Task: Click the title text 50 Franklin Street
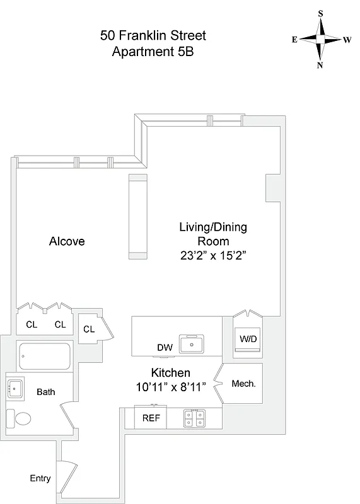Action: tap(153, 36)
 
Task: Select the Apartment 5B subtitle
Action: tap(153, 52)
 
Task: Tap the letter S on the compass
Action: tap(320, 13)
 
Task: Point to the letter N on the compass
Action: tap(320, 65)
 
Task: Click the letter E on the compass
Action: tap(294, 39)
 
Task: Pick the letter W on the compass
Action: tap(347, 39)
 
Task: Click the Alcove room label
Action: tap(67, 241)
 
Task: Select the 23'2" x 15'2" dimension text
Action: tap(213, 255)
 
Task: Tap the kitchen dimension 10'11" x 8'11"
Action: tap(171, 387)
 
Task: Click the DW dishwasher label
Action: tap(165, 347)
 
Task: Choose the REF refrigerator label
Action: tap(151, 418)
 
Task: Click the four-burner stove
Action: tap(194, 418)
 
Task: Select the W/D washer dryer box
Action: tap(247, 338)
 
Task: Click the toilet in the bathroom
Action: tap(20, 418)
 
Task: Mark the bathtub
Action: tap(46, 357)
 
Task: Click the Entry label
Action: tap(40, 478)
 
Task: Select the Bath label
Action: tap(45, 392)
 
